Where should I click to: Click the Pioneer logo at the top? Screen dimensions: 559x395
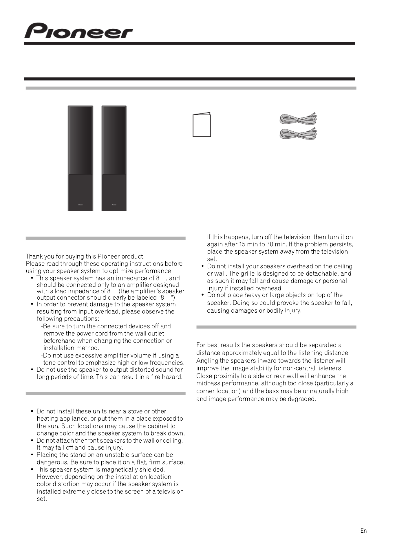point(78,31)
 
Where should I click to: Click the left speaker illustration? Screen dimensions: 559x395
point(80,158)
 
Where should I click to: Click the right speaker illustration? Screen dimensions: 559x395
point(114,158)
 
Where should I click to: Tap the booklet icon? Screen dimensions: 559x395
point(202,125)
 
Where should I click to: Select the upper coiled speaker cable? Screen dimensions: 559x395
point(298,119)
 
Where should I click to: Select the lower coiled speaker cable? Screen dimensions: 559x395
point(298,133)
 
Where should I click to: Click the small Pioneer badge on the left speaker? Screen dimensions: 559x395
point(81,204)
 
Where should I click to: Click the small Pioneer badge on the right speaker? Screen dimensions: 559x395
point(114,204)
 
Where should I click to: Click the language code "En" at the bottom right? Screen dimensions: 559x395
point(363,531)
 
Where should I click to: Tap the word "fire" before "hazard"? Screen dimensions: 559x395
point(156,377)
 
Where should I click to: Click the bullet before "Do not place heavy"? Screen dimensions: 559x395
point(203,295)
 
